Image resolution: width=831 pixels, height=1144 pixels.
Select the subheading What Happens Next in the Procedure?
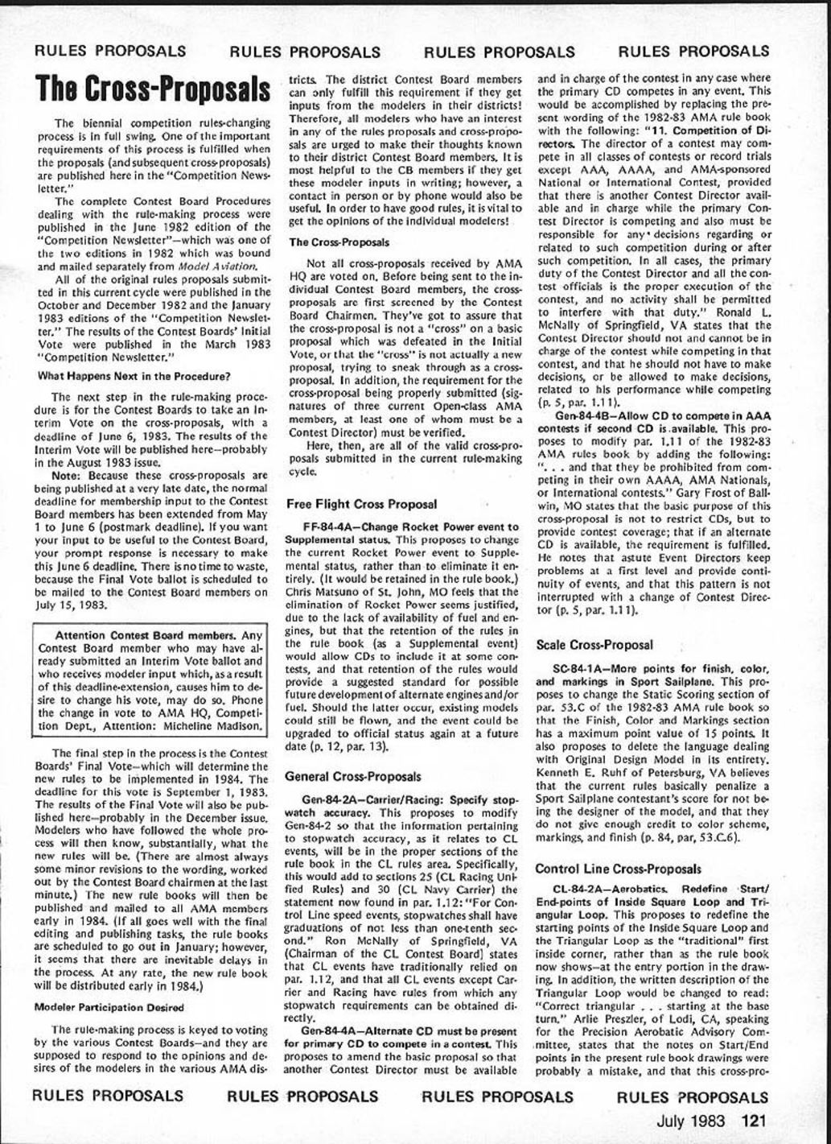[134, 376]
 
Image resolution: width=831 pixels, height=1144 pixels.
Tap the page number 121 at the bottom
[755, 1121]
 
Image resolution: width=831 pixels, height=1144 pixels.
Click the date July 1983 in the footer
[691, 1121]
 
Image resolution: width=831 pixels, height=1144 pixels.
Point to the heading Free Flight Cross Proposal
[361, 504]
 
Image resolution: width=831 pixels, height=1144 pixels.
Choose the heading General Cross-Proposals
[353, 777]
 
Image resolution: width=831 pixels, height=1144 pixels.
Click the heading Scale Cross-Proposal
[594, 645]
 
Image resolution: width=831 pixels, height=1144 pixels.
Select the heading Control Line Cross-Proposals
[617, 869]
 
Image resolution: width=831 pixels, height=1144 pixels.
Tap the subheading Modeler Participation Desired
[109, 1007]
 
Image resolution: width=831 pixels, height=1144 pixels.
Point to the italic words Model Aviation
[194, 266]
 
